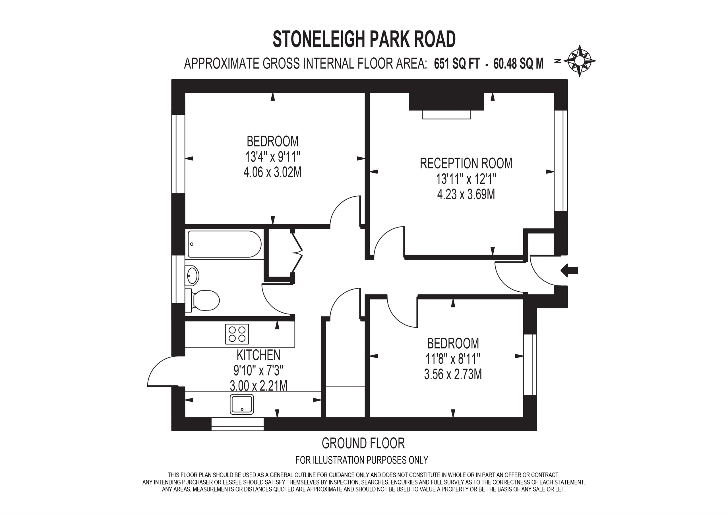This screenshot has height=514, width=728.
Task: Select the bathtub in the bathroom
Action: pos(224,244)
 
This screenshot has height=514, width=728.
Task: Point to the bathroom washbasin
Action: pos(193,275)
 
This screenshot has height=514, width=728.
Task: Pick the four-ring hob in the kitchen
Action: pos(237,334)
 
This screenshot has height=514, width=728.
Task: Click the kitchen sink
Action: pos(242,404)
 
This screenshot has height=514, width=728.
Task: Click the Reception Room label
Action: pos(466,163)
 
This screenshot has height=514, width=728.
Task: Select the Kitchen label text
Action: pos(258,355)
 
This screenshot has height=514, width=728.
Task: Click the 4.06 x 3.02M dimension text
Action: pos(272,172)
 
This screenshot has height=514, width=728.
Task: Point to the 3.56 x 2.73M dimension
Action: pos(453,374)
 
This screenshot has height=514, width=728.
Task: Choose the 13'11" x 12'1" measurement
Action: pos(466,179)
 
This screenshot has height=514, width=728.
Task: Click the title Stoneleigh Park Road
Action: pos(364,39)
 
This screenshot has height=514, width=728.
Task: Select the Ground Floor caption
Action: pos(363,443)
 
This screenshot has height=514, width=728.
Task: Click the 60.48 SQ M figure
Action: pos(518,64)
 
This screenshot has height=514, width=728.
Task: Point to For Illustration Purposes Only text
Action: pos(362,460)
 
